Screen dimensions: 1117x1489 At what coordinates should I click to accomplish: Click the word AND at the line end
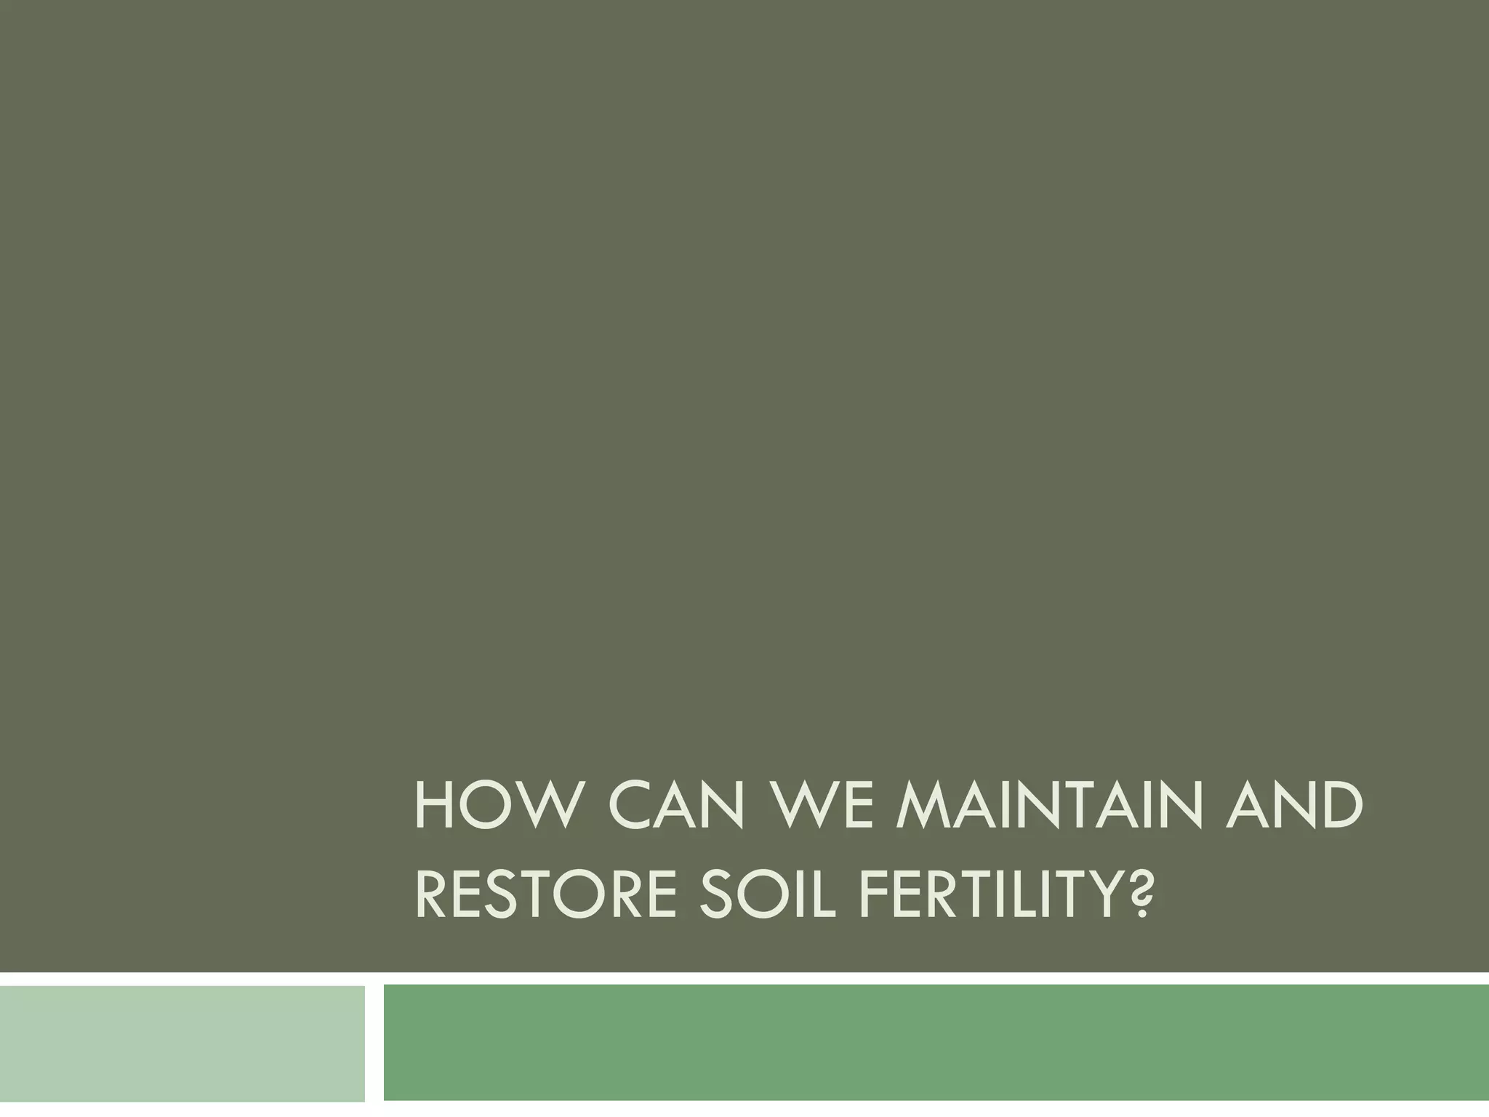point(1294,806)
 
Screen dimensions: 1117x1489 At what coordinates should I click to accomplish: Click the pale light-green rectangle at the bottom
point(182,1044)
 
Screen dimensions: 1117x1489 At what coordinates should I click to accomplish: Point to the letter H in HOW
point(432,806)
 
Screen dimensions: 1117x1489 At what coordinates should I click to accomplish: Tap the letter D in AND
point(1340,806)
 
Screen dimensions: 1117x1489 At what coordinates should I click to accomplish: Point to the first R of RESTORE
point(432,897)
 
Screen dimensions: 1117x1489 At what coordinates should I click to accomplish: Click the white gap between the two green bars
point(374,1044)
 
